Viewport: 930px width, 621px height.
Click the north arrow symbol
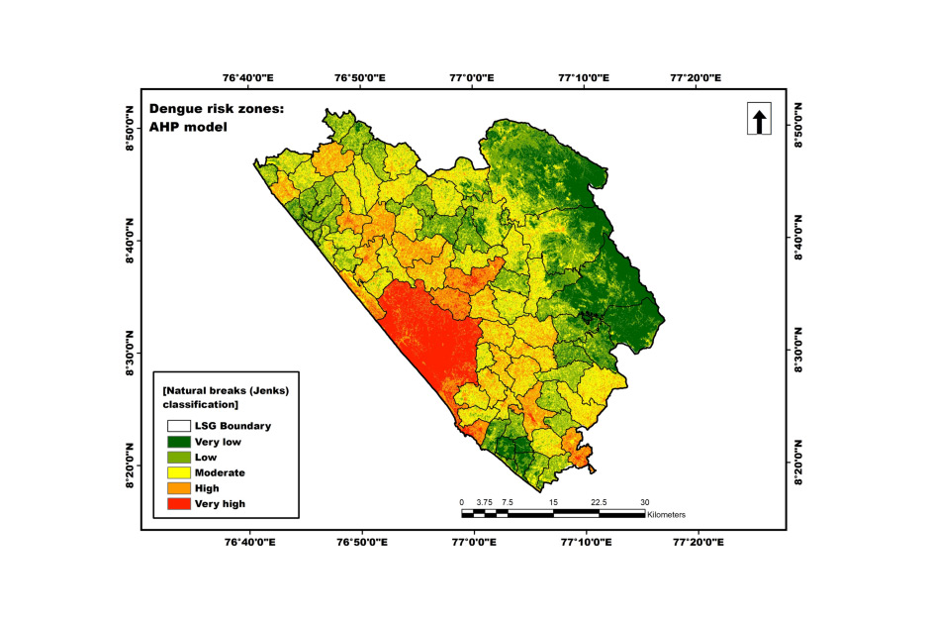[759, 121]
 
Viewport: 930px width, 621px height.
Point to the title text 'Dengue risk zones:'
[216, 109]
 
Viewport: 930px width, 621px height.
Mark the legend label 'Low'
[205, 457]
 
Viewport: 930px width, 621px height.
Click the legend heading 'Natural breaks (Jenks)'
[226, 391]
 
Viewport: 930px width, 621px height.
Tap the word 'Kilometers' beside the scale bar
[666, 515]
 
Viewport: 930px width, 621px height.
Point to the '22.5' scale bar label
[599, 502]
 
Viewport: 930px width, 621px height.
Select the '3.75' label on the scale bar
[484, 502]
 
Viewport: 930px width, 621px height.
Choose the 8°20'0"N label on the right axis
[798, 466]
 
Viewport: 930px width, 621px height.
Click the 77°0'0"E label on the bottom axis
[472, 542]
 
